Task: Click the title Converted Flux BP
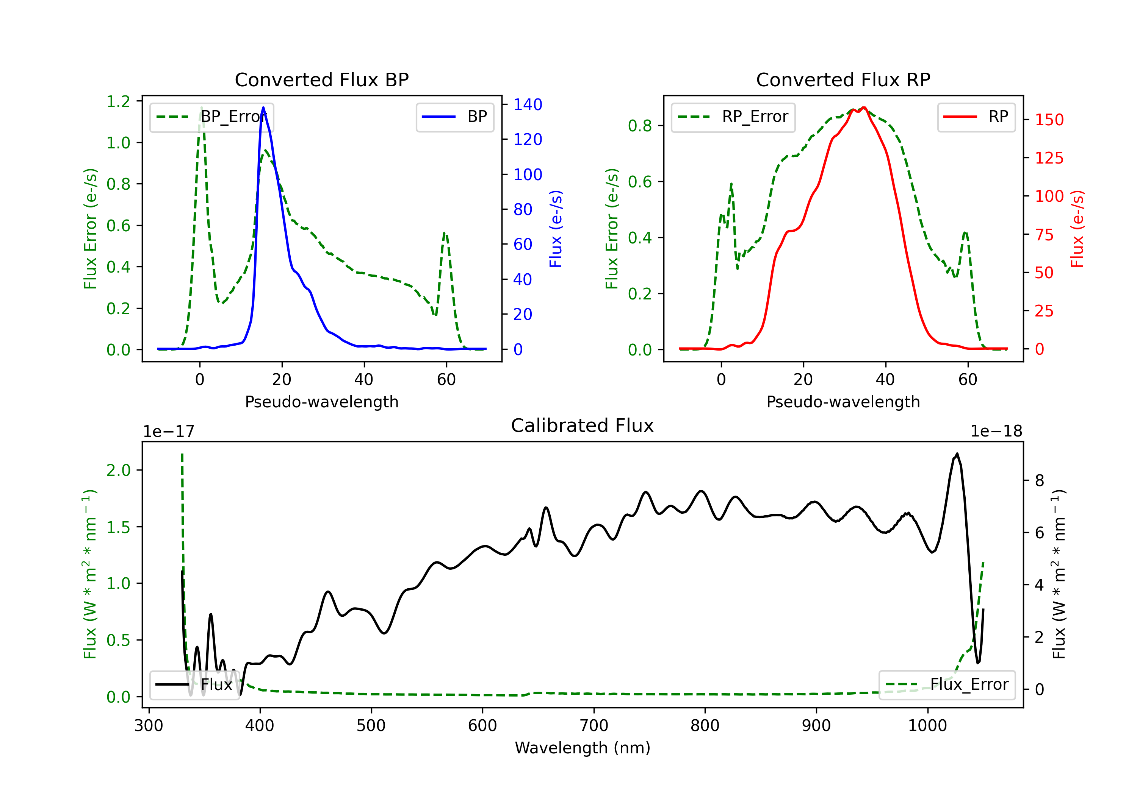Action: click(321, 79)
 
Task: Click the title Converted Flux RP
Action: click(843, 79)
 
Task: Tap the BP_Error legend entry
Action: click(212, 117)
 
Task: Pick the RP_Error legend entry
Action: click(733, 117)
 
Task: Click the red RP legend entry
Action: click(976, 117)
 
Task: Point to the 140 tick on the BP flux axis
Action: click(528, 104)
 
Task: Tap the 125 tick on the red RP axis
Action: click(1049, 158)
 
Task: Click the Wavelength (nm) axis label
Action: click(583, 748)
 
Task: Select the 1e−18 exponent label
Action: click(996, 432)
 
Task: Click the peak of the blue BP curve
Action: click(263, 108)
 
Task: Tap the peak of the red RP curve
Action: click(863, 108)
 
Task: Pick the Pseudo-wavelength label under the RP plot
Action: click(843, 402)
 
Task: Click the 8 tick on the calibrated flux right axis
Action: click(1040, 480)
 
